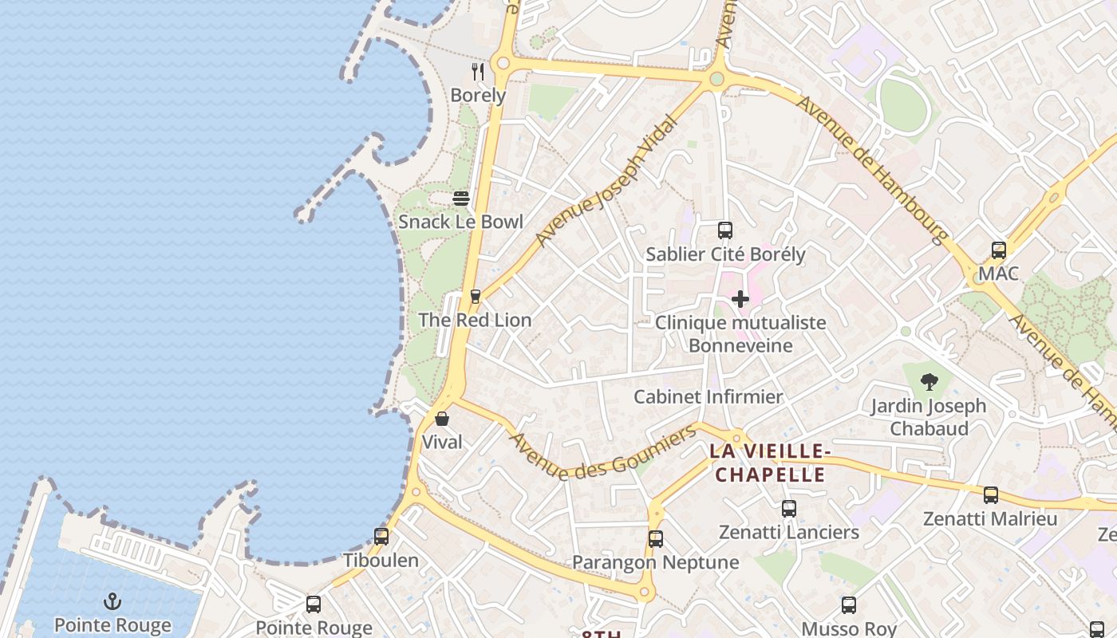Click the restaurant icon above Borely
[478, 72]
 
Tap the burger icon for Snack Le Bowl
[461, 198]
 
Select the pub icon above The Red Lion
[476, 296]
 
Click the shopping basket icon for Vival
[442, 419]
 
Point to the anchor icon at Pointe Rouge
[112, 601]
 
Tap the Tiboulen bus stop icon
[381, 537]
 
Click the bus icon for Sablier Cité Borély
[724, 230]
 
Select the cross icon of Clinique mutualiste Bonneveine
[740, 299]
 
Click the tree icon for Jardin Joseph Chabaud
[929, 382]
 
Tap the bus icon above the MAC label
[998, 250]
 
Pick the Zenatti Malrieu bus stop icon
[990, 495]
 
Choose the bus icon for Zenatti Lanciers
[788, 508]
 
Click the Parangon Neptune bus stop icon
[655, 539]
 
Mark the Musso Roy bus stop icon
[849, 605]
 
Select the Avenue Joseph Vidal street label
[606, 181]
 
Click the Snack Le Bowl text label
[460, 222]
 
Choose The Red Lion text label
[475, 320]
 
